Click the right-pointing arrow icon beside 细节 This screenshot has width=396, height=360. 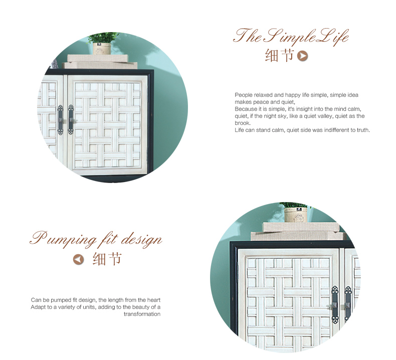click(x=303, y=56)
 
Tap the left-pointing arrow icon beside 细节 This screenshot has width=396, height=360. click(x=78, y=259)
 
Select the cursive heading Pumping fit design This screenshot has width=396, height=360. click(x=96, y=239)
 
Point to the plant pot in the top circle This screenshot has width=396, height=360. click(x=102, y=49)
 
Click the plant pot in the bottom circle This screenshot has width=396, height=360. click(x=296, y=215)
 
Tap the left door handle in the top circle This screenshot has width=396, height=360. click(x=60, y=120)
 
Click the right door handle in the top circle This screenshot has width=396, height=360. click(x=71, y=120)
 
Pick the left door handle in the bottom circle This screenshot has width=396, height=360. click(x=335, y=305)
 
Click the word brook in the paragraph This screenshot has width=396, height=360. click(x=243, y=123)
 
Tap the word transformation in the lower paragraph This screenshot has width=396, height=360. click(x=142, y=314)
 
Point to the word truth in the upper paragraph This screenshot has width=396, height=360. click(x=363, y=130)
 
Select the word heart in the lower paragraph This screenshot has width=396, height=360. click(x=154, y=300)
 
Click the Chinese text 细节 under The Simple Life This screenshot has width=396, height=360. click(x=279, y=56)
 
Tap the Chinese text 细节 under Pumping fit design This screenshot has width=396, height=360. click(x=107, y=259)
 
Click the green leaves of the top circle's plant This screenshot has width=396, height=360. click(x=103, y=38)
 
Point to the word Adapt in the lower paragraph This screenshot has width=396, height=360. click(x=38, y=307)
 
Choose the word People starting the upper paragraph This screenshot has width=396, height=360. click(x=244, y=95)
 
